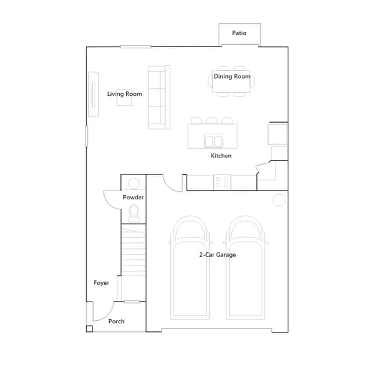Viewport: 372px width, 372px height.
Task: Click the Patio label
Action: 239,33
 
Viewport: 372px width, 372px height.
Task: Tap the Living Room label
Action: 124,94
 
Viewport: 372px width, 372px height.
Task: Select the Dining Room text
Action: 232,76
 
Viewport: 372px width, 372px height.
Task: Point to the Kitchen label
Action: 221,156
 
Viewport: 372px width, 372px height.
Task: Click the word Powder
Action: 133,197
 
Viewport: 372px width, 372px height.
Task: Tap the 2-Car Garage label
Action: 217,255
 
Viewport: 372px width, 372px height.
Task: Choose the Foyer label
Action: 101,283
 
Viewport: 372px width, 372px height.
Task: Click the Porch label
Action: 116,321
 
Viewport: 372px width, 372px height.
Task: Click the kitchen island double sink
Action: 213,141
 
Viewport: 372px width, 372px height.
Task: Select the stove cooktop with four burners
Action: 222,182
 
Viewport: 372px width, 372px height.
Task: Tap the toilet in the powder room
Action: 134,213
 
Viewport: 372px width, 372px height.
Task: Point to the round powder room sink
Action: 134,184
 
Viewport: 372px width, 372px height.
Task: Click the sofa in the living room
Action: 159,98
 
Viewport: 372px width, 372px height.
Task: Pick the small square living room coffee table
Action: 124,97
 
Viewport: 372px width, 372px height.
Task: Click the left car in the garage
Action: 190,267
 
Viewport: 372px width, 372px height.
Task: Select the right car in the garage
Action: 245,267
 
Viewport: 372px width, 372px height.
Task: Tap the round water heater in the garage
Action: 279,200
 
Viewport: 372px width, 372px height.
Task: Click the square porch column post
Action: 89,329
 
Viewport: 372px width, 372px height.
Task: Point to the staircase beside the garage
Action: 133,249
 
